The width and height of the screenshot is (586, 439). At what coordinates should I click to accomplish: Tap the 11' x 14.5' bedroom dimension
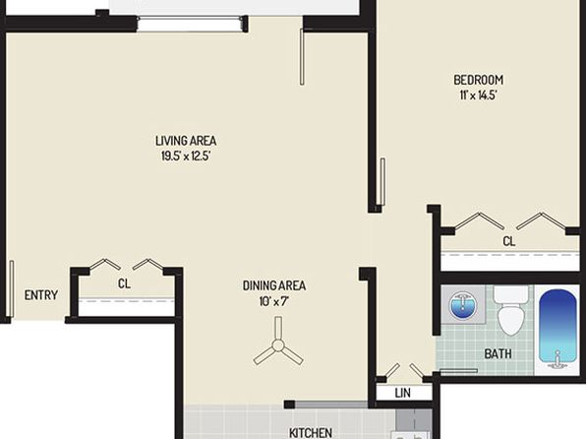pyautogui.click(x=478, y=95)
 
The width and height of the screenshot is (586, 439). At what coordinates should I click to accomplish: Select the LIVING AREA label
pyautogui.click(x=186, y=141)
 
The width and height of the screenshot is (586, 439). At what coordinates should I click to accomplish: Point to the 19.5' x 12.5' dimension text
pyautogui.click(x=186, y=156)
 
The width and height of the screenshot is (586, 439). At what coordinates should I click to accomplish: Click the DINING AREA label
pyautogui.click(x=274, y=285)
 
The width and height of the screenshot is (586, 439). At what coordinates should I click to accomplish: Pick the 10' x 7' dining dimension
pyautogui.click(x=274, y=301)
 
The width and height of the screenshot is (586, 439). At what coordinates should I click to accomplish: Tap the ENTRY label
pyautogui.click(x=41, y=295)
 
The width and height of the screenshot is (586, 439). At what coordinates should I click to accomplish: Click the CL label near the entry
pyautogui.click(x=124, y=283)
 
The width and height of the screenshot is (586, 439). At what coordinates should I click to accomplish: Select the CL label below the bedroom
pyautogui.click(x=508, y=241)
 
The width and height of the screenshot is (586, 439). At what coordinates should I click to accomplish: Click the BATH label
pyautogui.click(x=498, y=353)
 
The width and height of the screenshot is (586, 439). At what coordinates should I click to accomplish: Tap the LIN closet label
pyautogui.click(x=402, y=393)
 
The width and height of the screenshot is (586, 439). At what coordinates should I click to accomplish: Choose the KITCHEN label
pyautogui.click(x=310, y=433)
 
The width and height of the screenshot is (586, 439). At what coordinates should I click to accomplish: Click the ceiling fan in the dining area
pyautogui.click(x=278, y=345)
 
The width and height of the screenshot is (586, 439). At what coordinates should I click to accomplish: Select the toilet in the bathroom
pyautogui.click(x=511, y=310)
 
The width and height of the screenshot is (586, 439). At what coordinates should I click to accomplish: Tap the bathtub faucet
pyautogui.click(x=557, y=358)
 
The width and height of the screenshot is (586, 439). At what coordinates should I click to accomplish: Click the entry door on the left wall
pyautogui.click(x=12, y=288)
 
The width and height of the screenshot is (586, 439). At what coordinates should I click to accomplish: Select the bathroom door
pyautogui.click(x=458, y=371)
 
